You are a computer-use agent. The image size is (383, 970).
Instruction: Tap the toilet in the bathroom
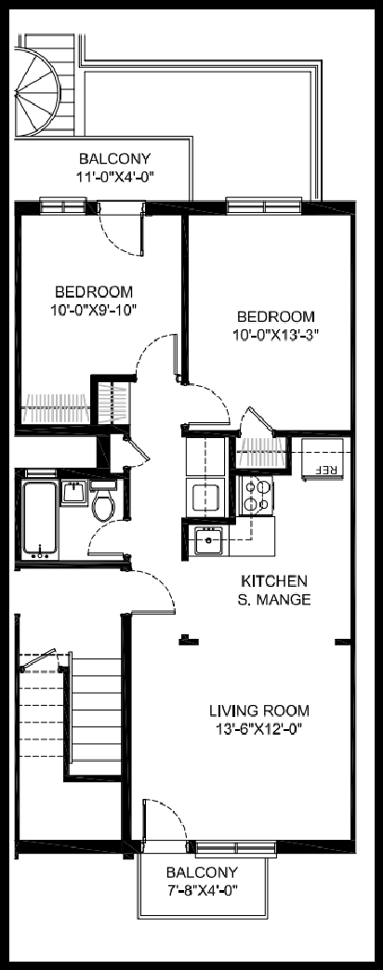tap(103, 501)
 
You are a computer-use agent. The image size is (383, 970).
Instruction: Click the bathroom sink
tap(74, 493)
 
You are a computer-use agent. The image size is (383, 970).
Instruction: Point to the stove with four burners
tap(257, 496)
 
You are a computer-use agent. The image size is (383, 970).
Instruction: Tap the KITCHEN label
tap(273, 581)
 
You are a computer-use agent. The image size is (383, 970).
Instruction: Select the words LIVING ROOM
tap(259, 711)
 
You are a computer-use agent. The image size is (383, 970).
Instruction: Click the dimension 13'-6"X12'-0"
tap(259, 729)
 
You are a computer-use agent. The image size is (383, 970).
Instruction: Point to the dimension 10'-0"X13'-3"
tap(276, 334)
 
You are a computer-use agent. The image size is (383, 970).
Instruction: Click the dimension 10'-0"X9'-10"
tap(94, 309)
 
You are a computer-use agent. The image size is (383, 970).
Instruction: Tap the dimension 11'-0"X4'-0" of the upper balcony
tap(114, 177)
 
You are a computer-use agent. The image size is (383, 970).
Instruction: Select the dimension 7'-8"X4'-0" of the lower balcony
tap(202, 890)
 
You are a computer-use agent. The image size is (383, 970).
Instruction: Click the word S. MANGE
tap(273, 600)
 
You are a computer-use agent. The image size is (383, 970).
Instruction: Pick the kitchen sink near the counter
tap(209, 542)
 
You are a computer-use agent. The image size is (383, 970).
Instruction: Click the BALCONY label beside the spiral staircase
tap(114, 159)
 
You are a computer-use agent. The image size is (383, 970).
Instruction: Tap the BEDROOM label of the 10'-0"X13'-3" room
tap(276, 317)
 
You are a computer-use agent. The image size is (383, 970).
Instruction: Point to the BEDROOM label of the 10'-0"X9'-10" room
tap(94, 291)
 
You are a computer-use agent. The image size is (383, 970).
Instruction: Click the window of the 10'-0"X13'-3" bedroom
tap(264, 206)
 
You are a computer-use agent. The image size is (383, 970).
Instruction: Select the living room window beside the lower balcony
tap(236, 847)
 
